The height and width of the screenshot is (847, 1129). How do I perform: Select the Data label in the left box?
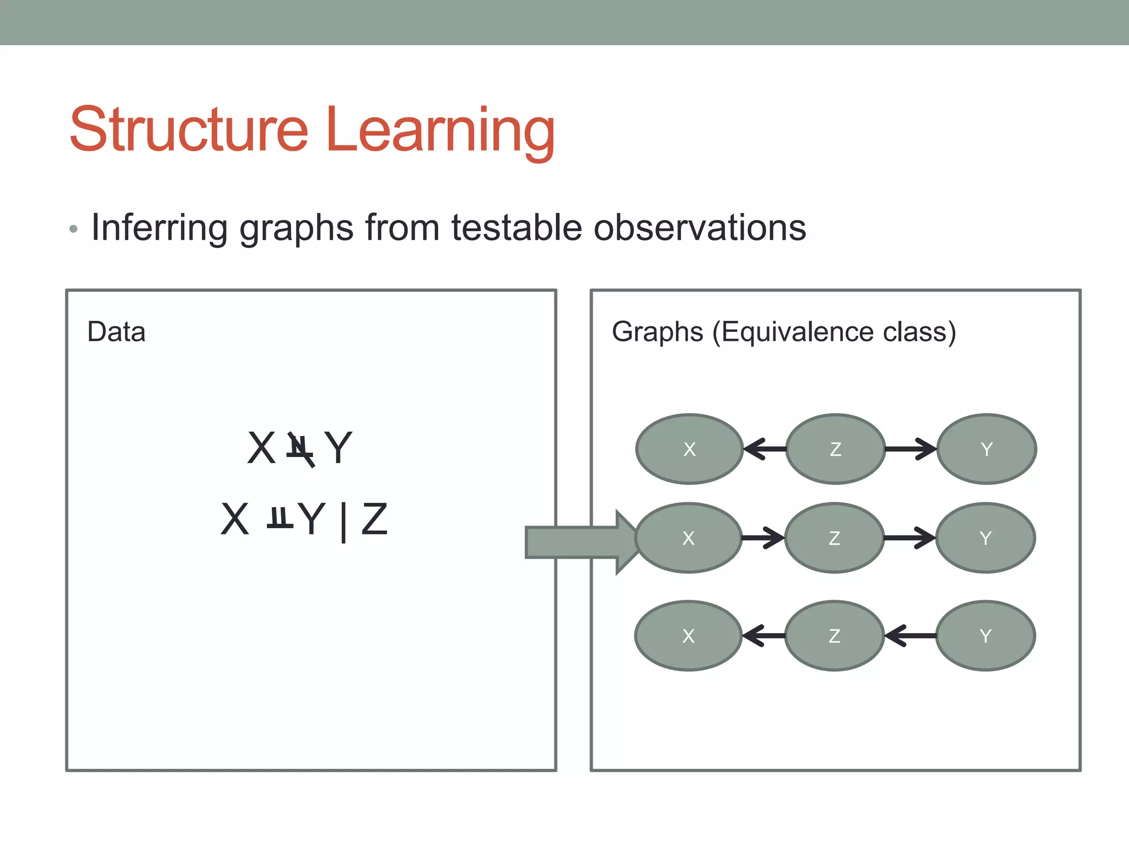point(116,332)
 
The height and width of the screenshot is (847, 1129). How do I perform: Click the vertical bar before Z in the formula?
point(343,521)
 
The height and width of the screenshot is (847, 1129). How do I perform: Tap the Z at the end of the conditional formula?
point(375,519)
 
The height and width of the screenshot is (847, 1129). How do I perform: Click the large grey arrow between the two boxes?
point(579,542)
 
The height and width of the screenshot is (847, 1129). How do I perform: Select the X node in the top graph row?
point(689,449)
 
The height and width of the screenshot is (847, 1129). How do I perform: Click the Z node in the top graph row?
point(835,449)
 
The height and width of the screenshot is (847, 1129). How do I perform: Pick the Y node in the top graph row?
point(986,449)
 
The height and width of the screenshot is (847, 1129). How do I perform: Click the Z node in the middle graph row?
point(834,538)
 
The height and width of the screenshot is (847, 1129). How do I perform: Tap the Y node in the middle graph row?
point(986,538)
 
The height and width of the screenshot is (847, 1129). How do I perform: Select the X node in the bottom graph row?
point(688,636)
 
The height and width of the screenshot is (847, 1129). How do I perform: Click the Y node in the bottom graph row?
point(986,636)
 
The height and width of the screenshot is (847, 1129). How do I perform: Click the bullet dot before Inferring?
point(74,229)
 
